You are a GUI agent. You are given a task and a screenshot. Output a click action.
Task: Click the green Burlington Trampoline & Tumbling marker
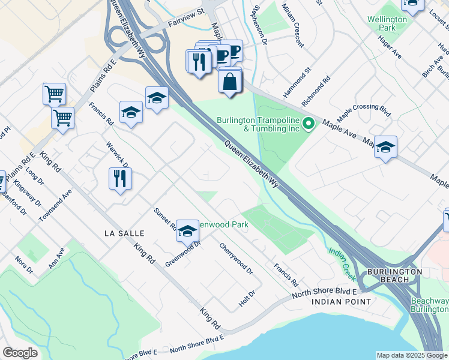[x=309, y=124]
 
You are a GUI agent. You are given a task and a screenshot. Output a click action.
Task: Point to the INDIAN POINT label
[x=340, y=301]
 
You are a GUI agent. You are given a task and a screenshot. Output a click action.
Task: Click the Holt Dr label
[x=247, y=298]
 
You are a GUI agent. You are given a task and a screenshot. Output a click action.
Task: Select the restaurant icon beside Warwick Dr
[x=120, y=178]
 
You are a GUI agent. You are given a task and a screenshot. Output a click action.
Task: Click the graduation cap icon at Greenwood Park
[x=187, y=231]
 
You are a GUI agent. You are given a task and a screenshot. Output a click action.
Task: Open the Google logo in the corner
[x=20, y=353]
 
